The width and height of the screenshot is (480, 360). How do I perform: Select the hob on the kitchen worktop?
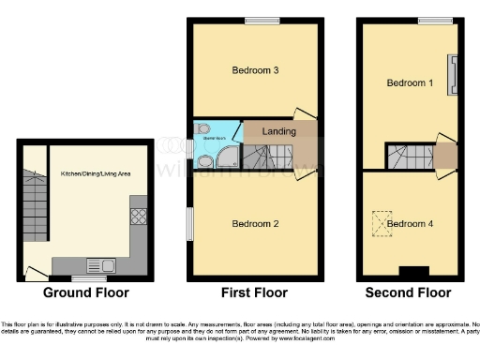point(137,217)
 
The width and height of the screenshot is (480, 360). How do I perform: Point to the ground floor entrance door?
point(36,273)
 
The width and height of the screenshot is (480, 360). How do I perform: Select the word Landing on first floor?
point(280,132)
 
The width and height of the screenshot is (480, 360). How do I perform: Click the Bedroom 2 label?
point(254,225)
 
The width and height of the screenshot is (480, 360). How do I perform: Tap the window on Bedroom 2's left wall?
point(191,219)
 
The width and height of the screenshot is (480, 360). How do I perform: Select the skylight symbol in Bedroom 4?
point(379,221)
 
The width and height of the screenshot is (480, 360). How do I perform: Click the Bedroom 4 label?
point(411,223)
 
